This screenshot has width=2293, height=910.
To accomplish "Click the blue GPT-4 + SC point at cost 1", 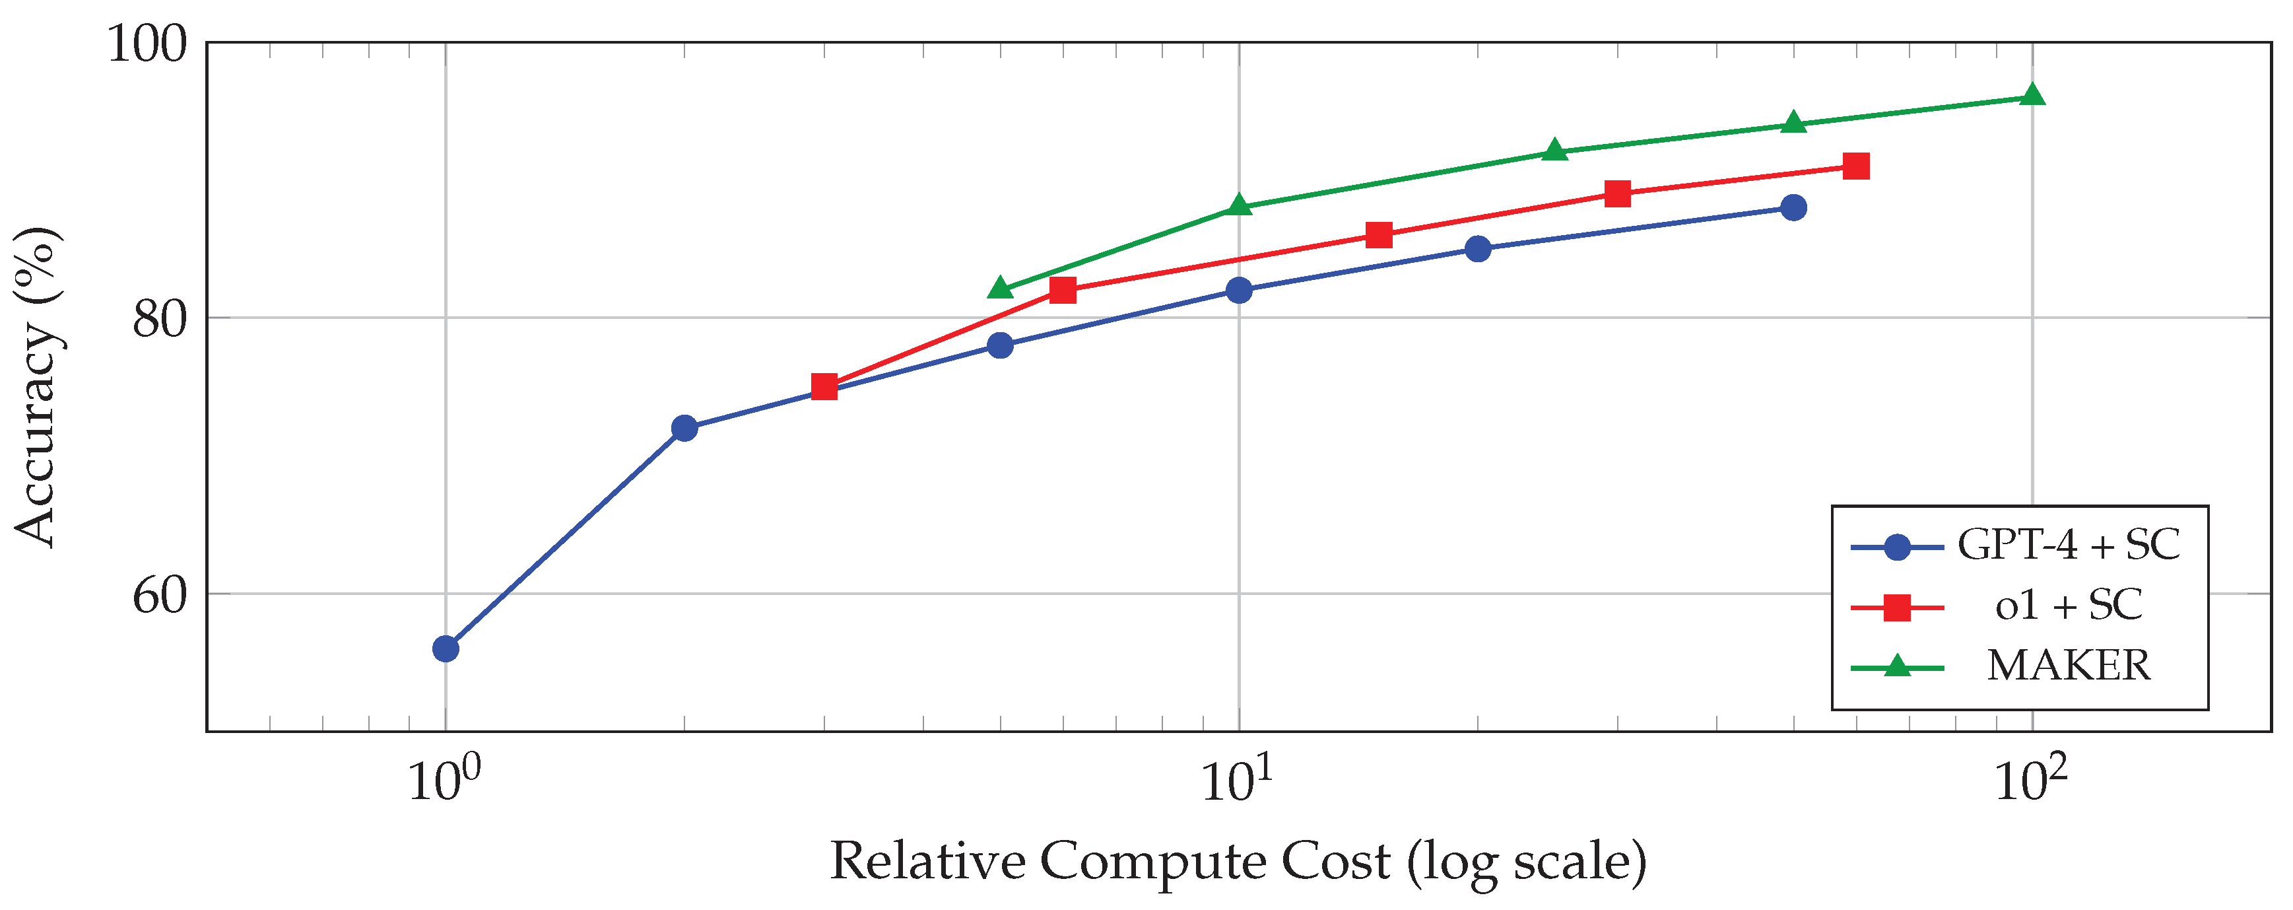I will (x=446, y=648).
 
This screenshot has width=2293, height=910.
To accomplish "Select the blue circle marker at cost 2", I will (x=684, y=429).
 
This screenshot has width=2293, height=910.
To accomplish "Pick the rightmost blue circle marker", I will (x=1793, y=207).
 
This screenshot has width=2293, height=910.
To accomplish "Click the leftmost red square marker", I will (x=824, y=386).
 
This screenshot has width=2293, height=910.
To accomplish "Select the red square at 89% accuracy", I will (x=1617, y=194).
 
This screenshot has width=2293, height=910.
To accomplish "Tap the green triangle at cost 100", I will (x=2032, y=95).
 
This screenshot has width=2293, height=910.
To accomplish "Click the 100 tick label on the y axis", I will (x=147, y=44).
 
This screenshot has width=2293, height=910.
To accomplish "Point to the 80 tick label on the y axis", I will (x=160, y=319).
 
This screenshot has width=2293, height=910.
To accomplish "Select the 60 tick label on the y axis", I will (x=160, y=595).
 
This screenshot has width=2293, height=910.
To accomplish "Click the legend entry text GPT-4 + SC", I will (x=2068, y=545).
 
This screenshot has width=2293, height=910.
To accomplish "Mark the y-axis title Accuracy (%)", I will (x=38, y=388).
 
